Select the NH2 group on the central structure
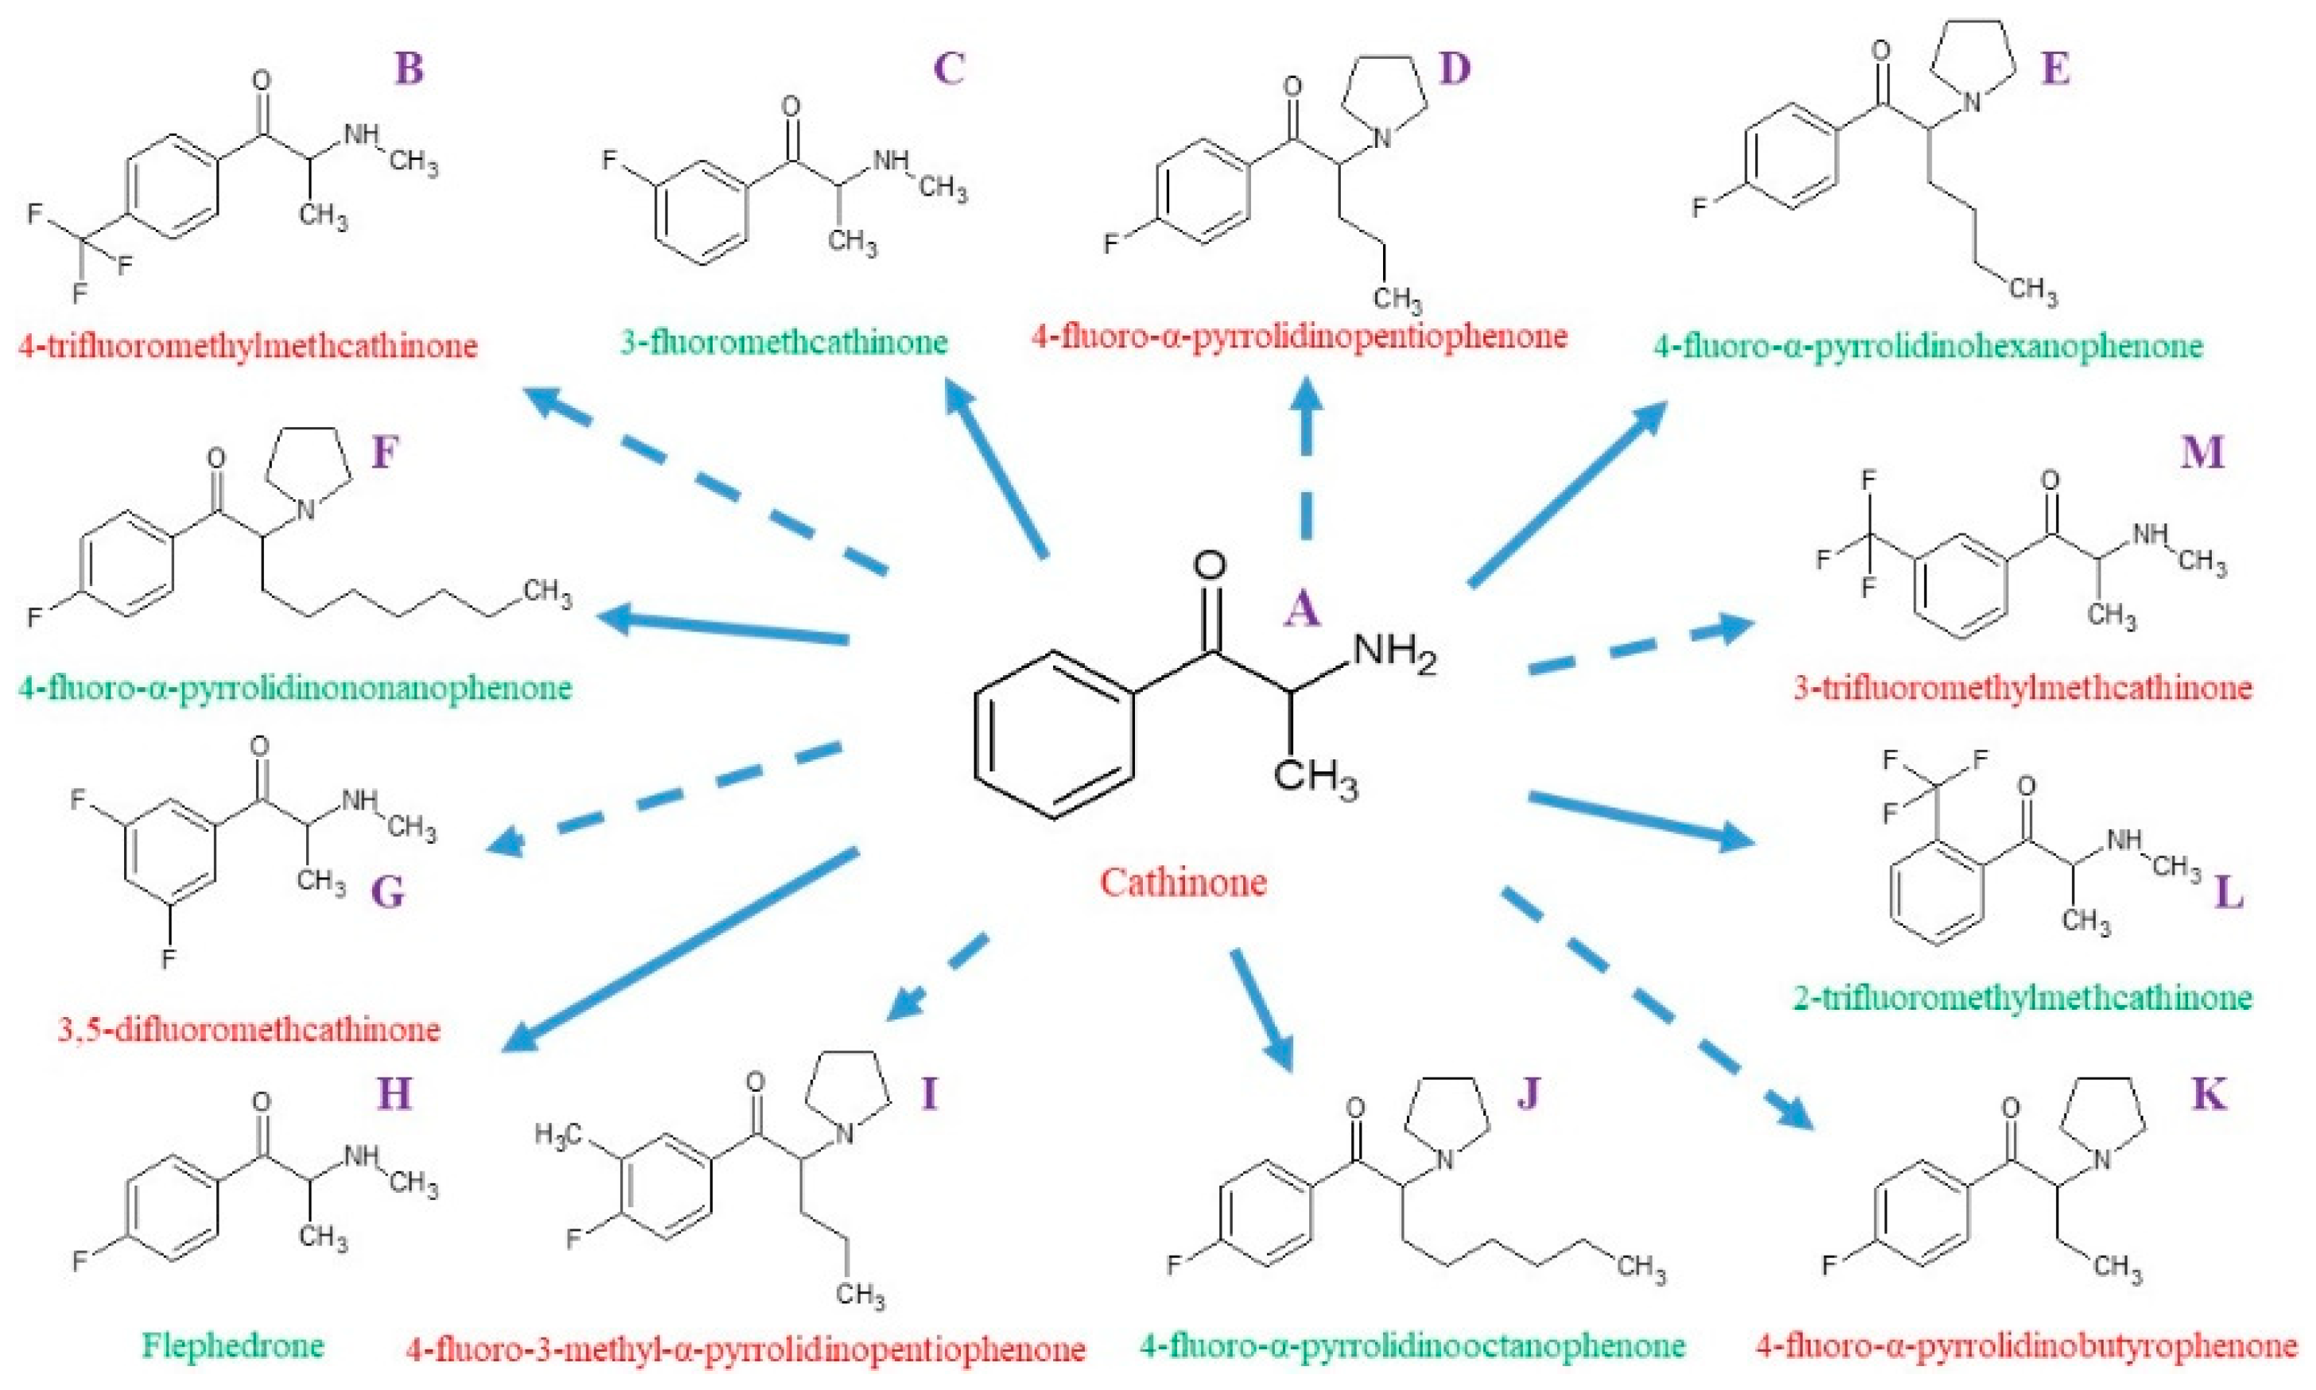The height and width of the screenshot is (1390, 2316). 1393,652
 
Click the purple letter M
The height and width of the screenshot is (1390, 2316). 2201,452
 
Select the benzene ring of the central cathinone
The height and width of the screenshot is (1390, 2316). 1054,736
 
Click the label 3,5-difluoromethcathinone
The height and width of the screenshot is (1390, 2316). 249,1030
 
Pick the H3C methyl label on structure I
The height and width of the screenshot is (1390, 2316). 559,1136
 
